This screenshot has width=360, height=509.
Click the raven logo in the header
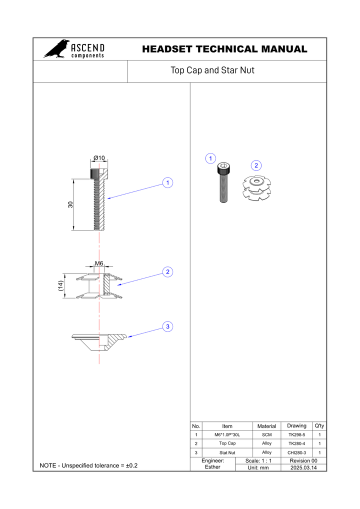point(56,49)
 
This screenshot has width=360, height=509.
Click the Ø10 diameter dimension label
point(99,158)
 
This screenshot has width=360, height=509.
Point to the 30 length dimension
point(70,204)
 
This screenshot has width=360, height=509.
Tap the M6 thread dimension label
point(98,263)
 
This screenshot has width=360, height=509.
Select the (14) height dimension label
point(60,286)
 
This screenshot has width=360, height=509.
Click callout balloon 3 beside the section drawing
point(167,326)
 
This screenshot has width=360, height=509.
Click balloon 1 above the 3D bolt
point(210,158)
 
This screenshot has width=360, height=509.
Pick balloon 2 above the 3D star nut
point(256,165)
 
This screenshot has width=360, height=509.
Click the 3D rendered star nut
point(256,187)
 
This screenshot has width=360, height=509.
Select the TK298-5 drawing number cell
point(296,434)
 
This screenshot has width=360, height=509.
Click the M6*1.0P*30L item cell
point(227,434)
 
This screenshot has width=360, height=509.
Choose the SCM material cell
point(267,434)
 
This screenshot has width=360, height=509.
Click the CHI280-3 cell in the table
point(296,452)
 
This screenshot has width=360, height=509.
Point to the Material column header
point(267,426)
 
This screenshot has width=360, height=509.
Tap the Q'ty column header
point(319,425)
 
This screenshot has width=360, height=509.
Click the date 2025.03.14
point(303,467)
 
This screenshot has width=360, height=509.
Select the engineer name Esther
point(212,467)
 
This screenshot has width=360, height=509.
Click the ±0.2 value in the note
point(132,465)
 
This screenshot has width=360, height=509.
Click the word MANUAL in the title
point(284,49)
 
